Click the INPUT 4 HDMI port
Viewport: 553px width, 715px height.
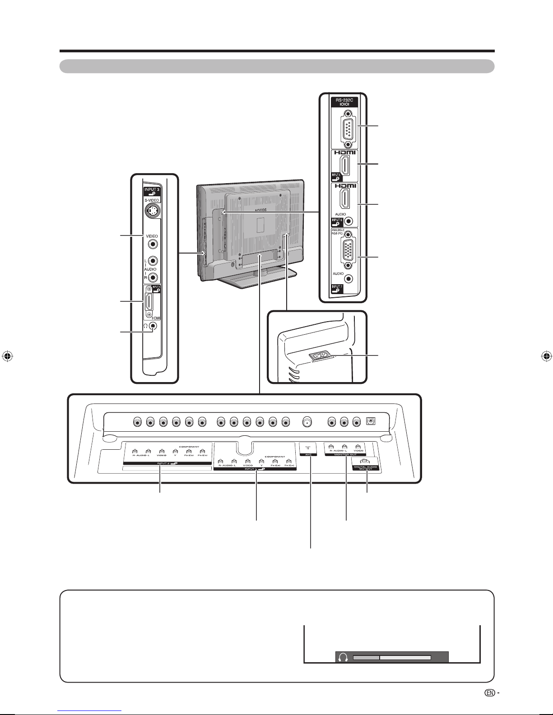coord(149,303)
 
